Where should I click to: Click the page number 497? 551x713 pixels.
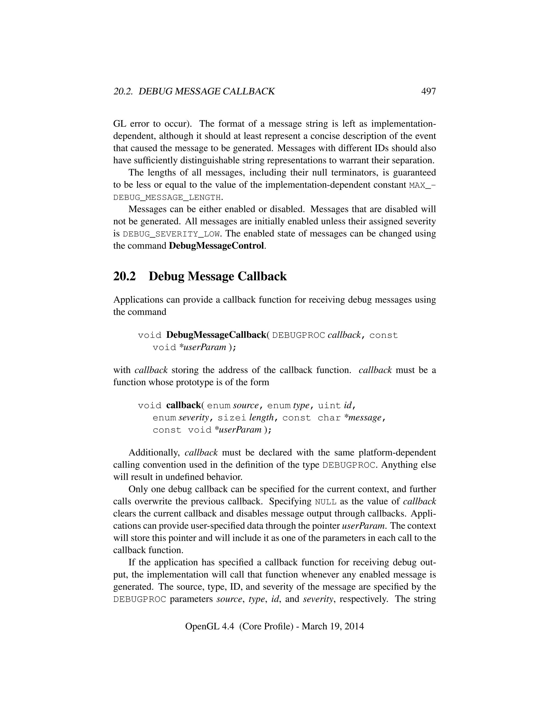point(428,91)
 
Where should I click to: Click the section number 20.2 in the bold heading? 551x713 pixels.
point(124,276)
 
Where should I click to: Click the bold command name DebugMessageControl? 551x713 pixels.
point(216,246)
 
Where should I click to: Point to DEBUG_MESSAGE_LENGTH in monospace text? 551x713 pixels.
point(167,197)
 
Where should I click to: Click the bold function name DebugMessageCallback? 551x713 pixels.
point(216,335)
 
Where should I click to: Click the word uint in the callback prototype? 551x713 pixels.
point(329,405)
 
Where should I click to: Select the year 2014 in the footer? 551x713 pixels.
point(354,626)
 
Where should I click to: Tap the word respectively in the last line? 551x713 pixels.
point(363,599)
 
